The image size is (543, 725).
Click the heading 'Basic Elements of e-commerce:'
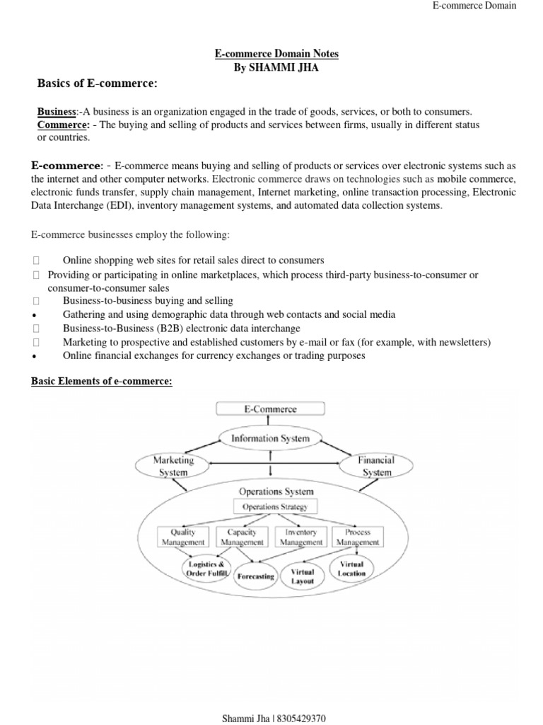coord(102,382)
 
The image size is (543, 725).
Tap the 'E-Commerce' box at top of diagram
coord(271,409)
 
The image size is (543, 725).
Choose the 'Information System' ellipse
coord(271,438)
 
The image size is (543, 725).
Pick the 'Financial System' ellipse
coord(377,466)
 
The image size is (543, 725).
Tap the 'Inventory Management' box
coord(300,537)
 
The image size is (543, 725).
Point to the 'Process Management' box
coord(357,537)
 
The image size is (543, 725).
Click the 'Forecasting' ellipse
coord(255,576)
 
